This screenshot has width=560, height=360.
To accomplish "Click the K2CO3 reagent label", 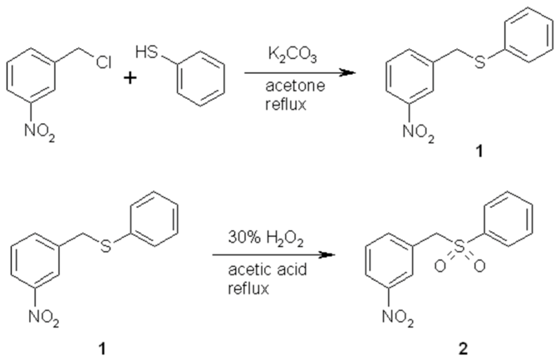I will pos(290,52).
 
